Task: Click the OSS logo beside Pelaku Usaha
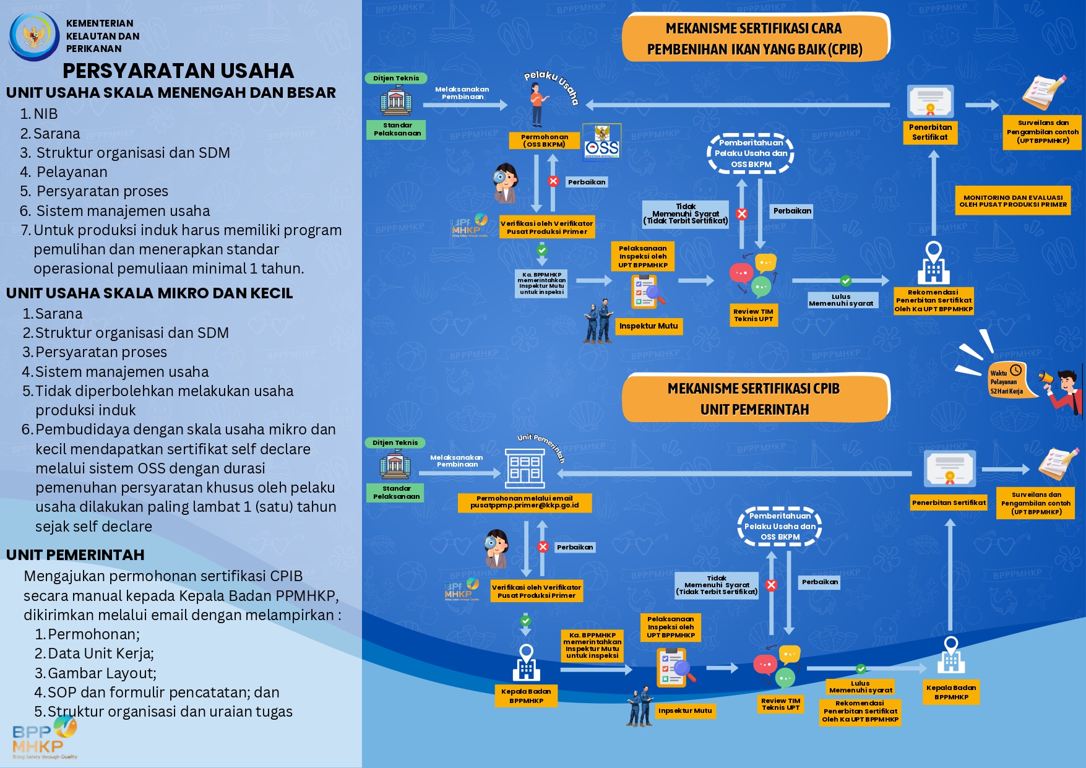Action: (x=601, y=142)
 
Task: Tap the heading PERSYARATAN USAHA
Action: (x=178, y=71)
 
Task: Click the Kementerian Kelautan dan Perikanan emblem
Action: (x=33, y=35)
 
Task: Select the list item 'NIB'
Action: (x=45, y=114)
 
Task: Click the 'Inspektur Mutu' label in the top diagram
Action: (x=649, y=326)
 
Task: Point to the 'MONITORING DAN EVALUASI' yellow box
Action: (x=1013, y=201)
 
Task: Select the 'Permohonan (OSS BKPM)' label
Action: (x=545, y=140)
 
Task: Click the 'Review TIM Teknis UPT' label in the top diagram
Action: (x=753, y=315)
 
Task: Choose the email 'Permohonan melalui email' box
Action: (x=525, y=502)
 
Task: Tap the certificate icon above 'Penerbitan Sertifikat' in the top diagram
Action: (x=930, y=101)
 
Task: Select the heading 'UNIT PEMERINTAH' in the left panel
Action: (x=75, y=555)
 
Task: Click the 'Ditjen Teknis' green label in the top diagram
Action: (x=396, y=78)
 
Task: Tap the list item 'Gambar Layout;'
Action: (x=102, y=673)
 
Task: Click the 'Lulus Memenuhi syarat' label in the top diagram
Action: (x=841, y=300)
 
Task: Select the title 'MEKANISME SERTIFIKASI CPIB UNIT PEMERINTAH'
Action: (x=754, y=399)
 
